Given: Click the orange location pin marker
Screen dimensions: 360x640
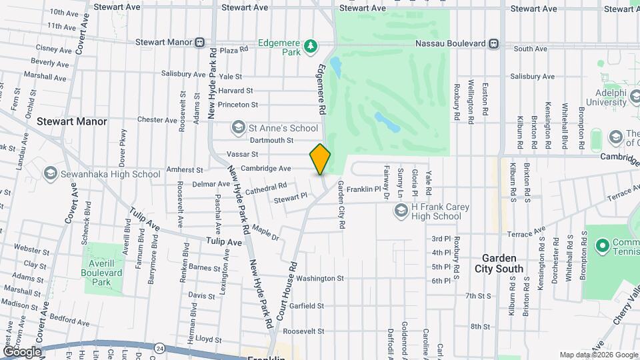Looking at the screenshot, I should click(320, 159).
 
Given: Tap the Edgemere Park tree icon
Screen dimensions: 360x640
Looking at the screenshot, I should click(310, 45).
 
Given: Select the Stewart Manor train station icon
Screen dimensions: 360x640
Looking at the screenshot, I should click(199, 42).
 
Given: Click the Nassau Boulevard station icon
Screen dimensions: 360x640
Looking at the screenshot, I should click(493, 44).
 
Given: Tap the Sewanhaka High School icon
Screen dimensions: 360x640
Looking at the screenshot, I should click(49, 174).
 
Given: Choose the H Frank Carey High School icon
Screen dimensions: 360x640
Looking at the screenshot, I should click(401, 211).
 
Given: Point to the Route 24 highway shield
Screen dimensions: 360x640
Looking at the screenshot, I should click(159, 347).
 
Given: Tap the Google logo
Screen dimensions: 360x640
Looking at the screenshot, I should click(22, 351).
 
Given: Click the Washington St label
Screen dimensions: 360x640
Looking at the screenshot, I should click(320, 278).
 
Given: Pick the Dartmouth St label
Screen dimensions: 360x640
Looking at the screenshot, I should click(271, 140).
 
